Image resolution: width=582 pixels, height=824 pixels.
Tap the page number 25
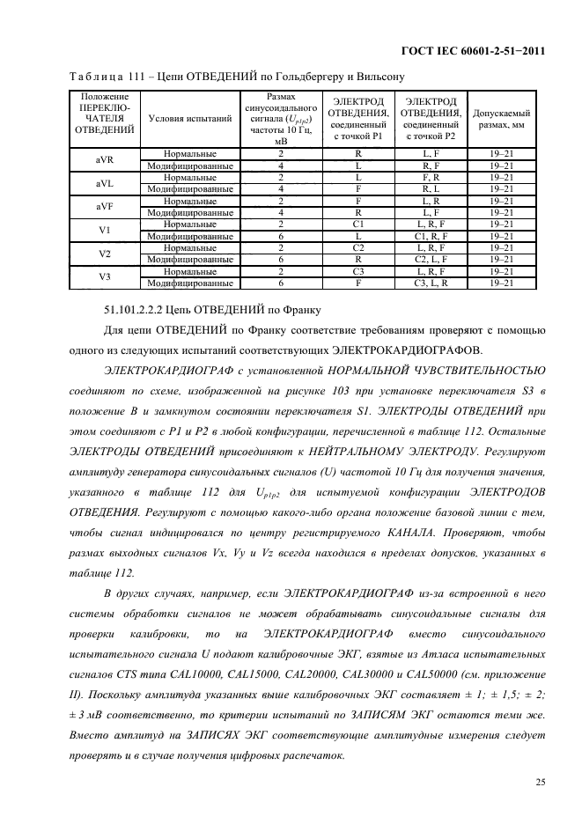pos(538,779)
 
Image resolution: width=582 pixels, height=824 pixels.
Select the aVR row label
pos(104,158)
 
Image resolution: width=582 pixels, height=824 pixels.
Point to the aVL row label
pos(104,182)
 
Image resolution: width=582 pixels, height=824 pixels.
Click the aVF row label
pos(104,206)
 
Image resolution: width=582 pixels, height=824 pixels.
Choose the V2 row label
pos(104,254)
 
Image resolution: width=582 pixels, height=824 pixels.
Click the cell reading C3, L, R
pos(431,283)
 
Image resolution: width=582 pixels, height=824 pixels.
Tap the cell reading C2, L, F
pos(431,260)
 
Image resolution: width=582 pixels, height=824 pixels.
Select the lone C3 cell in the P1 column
pos(358,272)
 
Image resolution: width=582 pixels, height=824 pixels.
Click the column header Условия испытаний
pos(190,116)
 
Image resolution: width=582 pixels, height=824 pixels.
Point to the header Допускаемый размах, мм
pos(501,119)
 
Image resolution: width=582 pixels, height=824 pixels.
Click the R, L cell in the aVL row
pos(431,188)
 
